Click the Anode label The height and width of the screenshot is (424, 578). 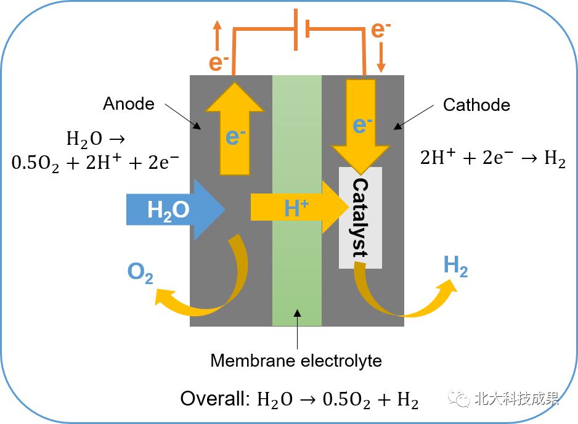129,104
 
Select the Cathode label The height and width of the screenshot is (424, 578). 476,105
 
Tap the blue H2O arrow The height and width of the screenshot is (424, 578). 176,210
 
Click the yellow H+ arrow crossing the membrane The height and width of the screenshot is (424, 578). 299,207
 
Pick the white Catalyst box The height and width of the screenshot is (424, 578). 360,218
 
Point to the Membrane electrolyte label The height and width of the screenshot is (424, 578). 296,361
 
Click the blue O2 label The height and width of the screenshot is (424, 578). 140,273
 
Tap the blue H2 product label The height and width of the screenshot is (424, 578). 455,266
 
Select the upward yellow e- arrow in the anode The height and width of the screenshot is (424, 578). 234,129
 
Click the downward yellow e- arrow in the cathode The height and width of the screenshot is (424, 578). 360,127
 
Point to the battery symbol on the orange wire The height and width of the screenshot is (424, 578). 301,30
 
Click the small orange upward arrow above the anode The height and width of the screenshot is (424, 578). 218,35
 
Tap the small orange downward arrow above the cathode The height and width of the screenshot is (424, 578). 381,57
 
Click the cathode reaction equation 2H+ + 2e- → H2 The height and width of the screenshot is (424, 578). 493,158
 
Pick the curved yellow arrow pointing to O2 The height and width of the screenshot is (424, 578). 201,280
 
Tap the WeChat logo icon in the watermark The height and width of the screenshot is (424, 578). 459,398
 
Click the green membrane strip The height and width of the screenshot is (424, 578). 297,200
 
